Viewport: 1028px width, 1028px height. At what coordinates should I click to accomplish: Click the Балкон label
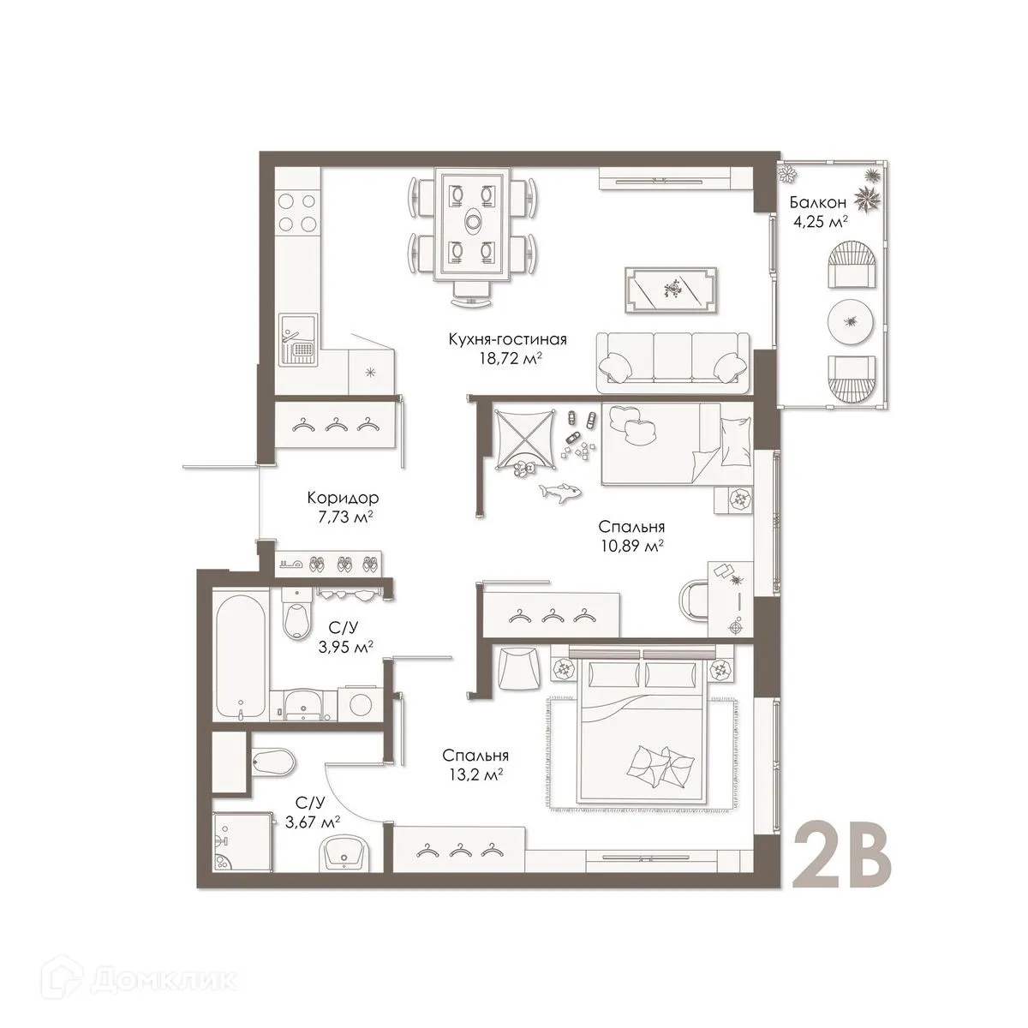pyautogui.click(x=818, y=203)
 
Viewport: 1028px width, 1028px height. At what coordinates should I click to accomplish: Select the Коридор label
pyautogui.click(x=342, y=497)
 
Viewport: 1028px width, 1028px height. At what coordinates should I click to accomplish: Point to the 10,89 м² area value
pyautogui.click(x=632, y=545)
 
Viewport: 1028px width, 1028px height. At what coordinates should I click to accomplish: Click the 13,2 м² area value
pyautogui.click(x=475, y=774)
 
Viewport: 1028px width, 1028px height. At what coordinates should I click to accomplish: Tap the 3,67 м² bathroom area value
pyautogui.click(x=311, y=821)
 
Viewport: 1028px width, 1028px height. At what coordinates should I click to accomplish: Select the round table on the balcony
pyautogui.click(x=851, y=322)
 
